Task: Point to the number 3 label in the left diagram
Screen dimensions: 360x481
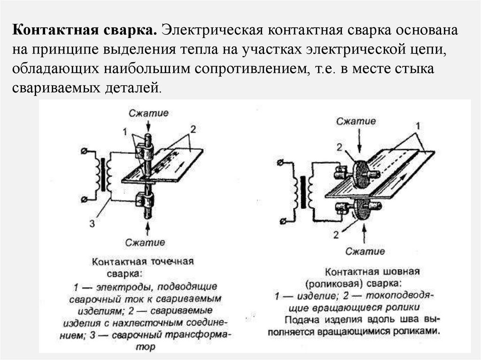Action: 92,224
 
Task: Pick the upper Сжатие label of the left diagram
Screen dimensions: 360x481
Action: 148,113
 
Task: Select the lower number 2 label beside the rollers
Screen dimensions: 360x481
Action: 336,233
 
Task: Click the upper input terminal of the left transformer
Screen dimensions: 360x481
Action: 84,151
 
